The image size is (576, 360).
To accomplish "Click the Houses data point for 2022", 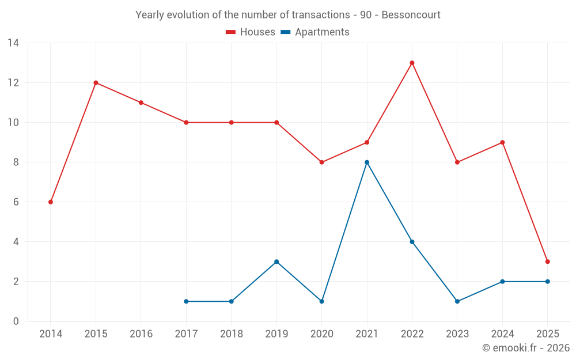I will pyautogui.click(x=412, y=63).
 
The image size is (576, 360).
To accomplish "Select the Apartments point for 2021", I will pyautogui.click(x=367, y=162).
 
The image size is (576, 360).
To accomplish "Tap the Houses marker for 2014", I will pyautogui.click(x=51, y=202).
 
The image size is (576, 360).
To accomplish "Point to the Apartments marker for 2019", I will pyautogui.click(x=276, y=262).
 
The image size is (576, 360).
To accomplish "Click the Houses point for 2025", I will pyautogui.click(x=547, y=262).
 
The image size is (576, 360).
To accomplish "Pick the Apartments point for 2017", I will pyautogui.click(x=186, y=301).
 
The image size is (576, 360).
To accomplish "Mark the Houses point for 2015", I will pyautogui.click(x=96, y=83).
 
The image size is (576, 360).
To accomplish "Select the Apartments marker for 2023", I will pyautogui.click(x=457, y=301).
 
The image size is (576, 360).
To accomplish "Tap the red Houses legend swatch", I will pyautogui.click(x=230, y=32).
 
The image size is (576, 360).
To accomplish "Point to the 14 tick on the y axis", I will pyautogui.click(x=13, y=43).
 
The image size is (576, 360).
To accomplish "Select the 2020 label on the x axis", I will pyautogui.click(x=321, y=334).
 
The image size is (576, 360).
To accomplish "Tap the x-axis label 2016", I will pyautogui.click(x=141, y=334).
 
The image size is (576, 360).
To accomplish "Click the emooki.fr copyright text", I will pyautogui.click(x=526, y=348).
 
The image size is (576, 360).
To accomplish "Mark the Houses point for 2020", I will pyautogui.click(x=321, y=162).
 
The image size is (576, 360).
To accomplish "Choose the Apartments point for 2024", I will pyautogui.click(x=502, y=282).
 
